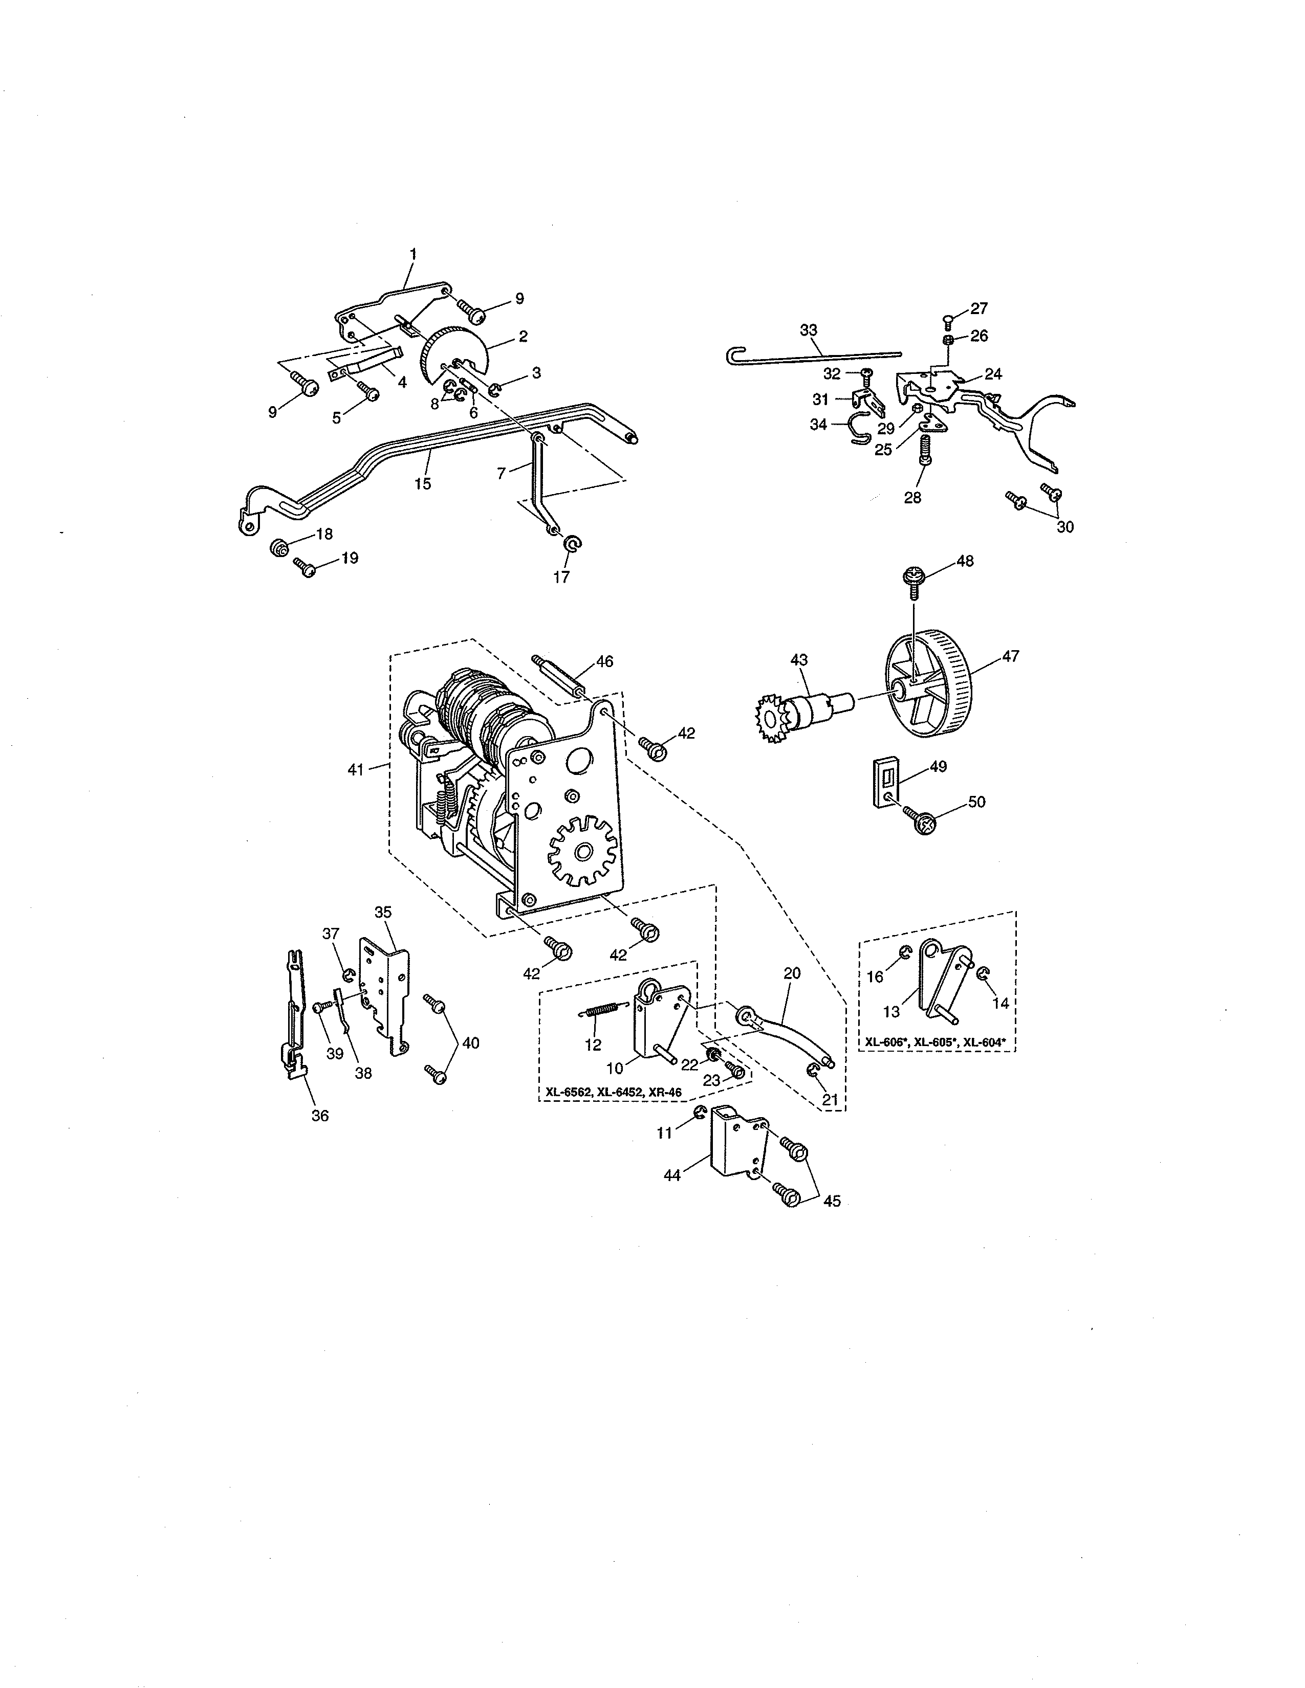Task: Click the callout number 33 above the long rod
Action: pos(808,330)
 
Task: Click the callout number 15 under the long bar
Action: pos(422,484)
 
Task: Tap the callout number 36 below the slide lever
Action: pos(319,1115)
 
